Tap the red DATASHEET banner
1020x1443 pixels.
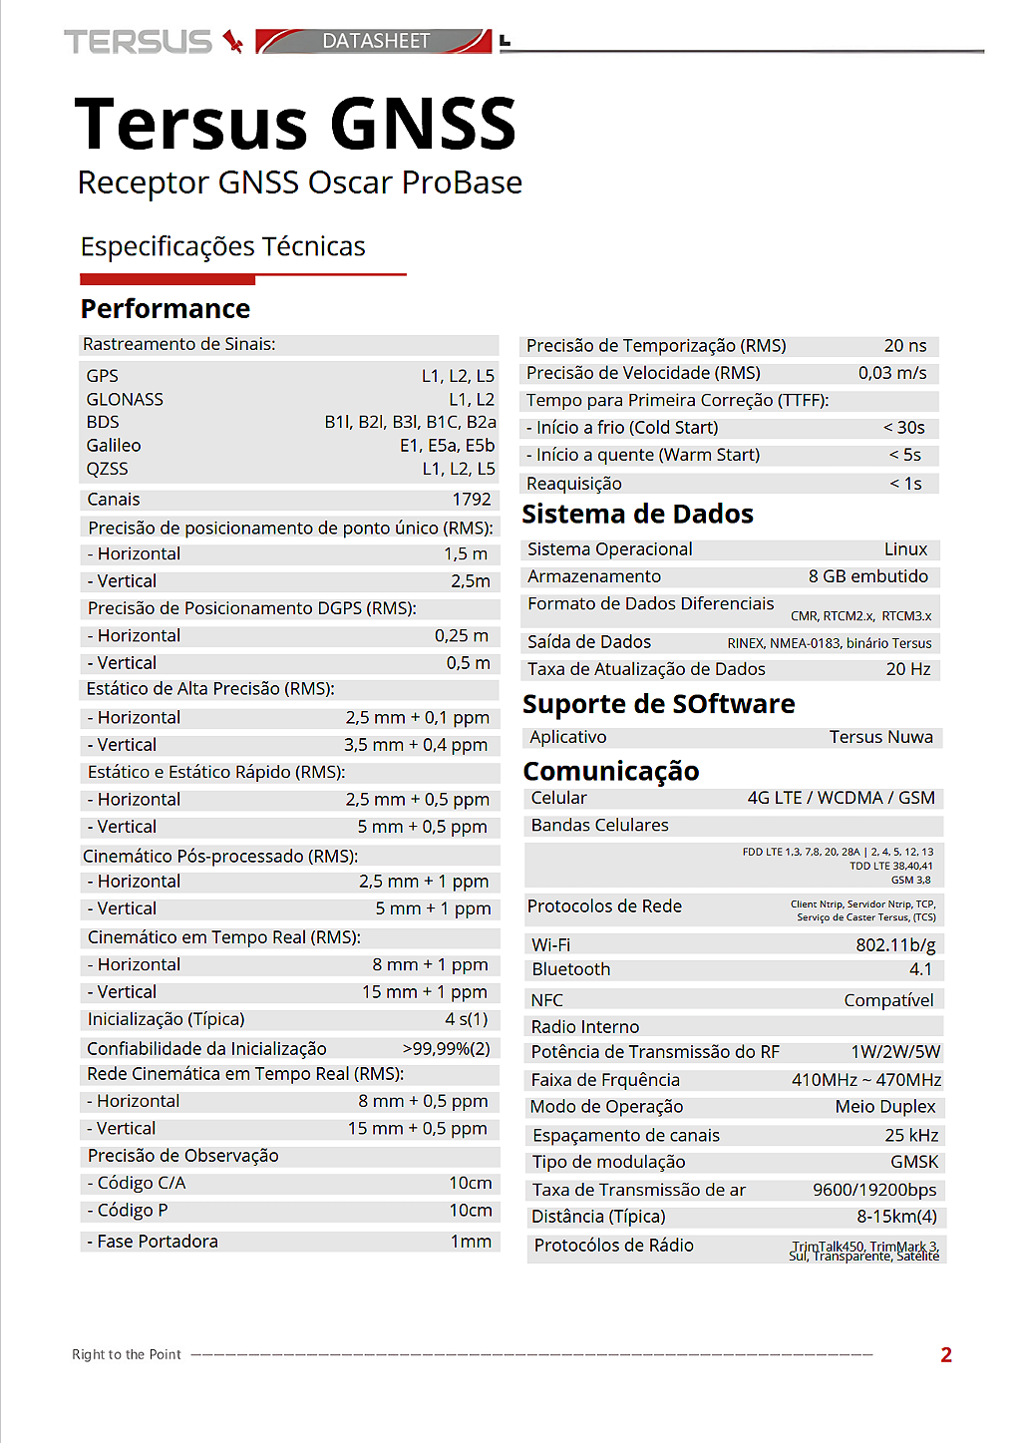coord(374,41)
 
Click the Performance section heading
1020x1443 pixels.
coord(166,308)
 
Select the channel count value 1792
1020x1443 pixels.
coord(472,499)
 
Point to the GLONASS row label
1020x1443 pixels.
coord(125,399)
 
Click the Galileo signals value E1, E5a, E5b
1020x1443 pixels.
coord(447,445)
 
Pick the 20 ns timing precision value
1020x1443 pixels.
coord(905,345)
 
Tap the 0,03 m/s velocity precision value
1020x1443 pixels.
coord(892,372)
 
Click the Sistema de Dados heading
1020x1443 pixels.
coord(638,514)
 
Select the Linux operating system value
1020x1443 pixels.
coord(905,548)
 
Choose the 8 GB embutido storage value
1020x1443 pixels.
coord(867,575)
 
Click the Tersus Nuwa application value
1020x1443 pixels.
coord(880,736)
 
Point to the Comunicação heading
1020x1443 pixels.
coord(611,771)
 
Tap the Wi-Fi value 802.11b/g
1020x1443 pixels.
coord(895,944)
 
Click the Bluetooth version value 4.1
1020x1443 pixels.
coord(920,968)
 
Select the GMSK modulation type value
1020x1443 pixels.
coord(914,1161)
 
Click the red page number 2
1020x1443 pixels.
coord(946,1354)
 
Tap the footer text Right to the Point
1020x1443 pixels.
coord(127,1354)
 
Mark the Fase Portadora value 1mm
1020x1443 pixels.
coord(471,1241)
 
